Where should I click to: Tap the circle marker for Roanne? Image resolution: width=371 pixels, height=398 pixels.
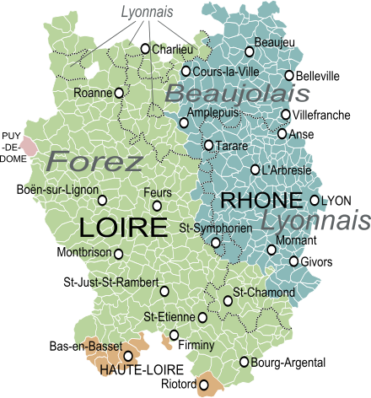[119, 92]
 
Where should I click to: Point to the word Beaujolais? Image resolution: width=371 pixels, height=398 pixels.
[237, 94]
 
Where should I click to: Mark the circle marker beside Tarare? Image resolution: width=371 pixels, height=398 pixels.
[208, 145]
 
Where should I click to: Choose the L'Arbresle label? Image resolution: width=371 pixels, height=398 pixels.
[288, 169]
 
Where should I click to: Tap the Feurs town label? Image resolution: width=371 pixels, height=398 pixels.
[158, 192]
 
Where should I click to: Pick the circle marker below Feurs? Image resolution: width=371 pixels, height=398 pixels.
[157, 205]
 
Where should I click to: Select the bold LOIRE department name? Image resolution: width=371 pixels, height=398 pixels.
[122, 227]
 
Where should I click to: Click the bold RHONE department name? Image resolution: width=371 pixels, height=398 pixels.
[261, 201]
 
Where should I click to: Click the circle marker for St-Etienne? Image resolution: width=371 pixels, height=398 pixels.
[202, 317]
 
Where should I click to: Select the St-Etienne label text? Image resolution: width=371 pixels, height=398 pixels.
[169, 317]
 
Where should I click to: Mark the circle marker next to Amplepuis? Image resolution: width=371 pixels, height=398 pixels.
[184, 122]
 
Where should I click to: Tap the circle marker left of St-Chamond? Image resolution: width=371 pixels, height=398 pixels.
[228, 300]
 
